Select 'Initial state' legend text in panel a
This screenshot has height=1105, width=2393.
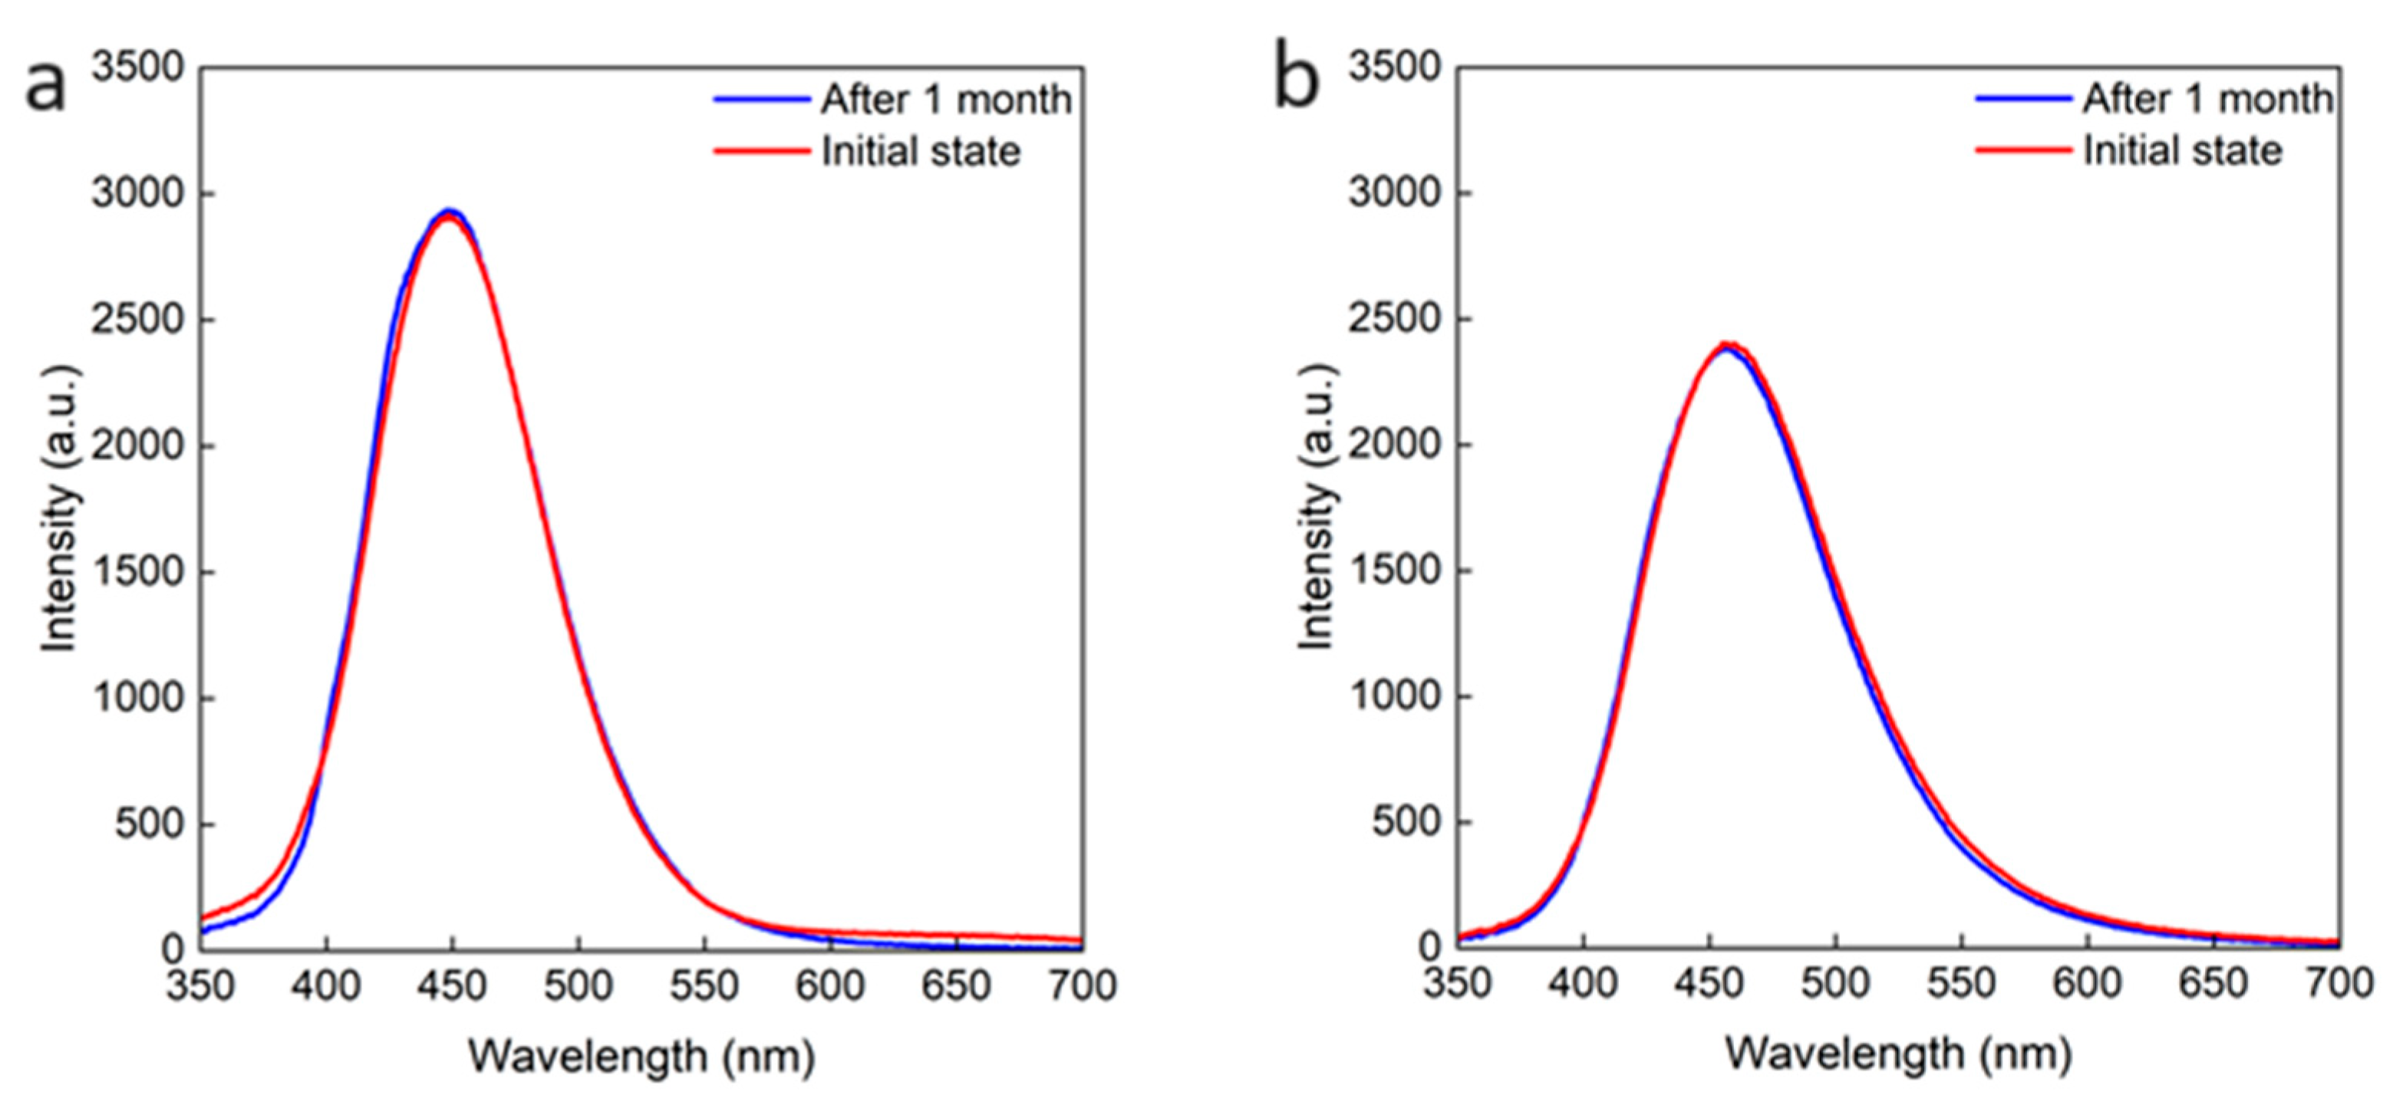920,151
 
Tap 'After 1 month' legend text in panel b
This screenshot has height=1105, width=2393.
2207,98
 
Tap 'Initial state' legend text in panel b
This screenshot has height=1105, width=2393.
2181,150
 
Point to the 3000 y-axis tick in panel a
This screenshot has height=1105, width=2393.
140,194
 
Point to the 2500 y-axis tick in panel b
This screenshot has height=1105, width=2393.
1396,320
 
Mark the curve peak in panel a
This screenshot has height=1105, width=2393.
450,212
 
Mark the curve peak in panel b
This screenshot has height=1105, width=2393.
1728,344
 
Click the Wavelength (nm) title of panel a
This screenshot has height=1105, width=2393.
641,1057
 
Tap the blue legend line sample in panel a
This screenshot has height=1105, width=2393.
761,98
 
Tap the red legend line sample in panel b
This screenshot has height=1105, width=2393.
2022,150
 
